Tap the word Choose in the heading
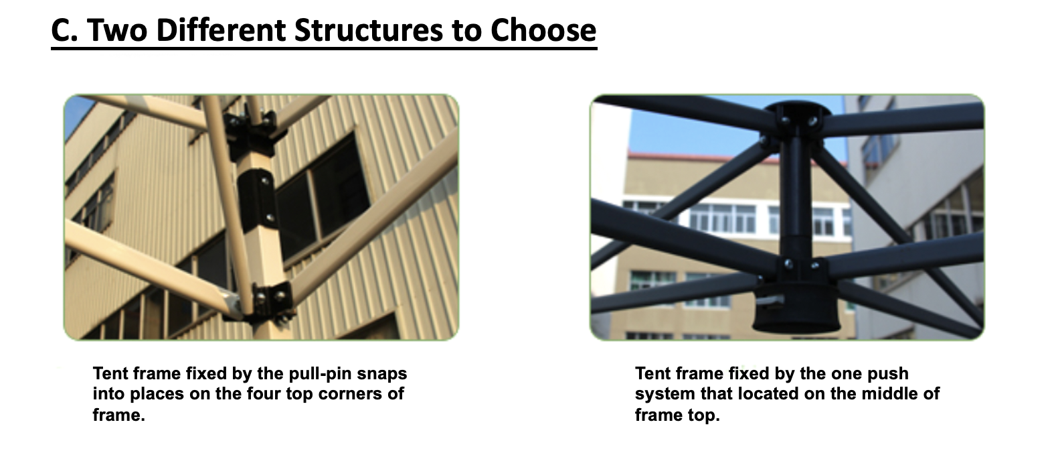543,30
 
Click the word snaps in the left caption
382,373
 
